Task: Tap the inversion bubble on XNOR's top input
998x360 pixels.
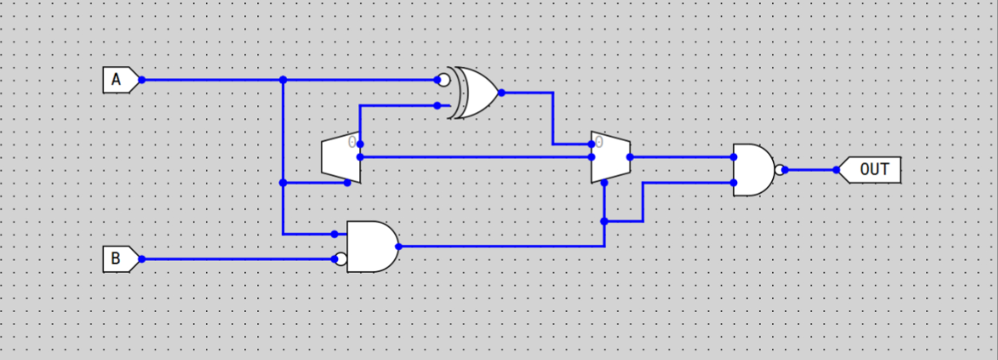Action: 444,80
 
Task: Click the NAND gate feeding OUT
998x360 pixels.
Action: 752,170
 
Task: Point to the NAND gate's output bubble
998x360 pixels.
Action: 779,170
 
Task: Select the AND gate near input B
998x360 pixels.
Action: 371,247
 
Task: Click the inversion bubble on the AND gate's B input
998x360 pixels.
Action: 341,260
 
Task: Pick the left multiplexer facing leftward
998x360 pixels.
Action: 340,157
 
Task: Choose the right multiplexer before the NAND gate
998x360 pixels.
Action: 610,157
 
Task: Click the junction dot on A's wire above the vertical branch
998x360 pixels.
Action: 283,80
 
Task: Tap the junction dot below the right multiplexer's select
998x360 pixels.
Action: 604,221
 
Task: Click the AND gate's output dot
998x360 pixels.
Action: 399,247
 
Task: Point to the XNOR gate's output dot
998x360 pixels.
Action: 501,93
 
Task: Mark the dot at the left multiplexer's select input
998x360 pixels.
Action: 348,183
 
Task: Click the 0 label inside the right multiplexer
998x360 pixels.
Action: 599,142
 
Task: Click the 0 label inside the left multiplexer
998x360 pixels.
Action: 352,142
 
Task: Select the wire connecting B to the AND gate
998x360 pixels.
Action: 239,259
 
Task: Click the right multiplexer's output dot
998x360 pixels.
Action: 630,157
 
